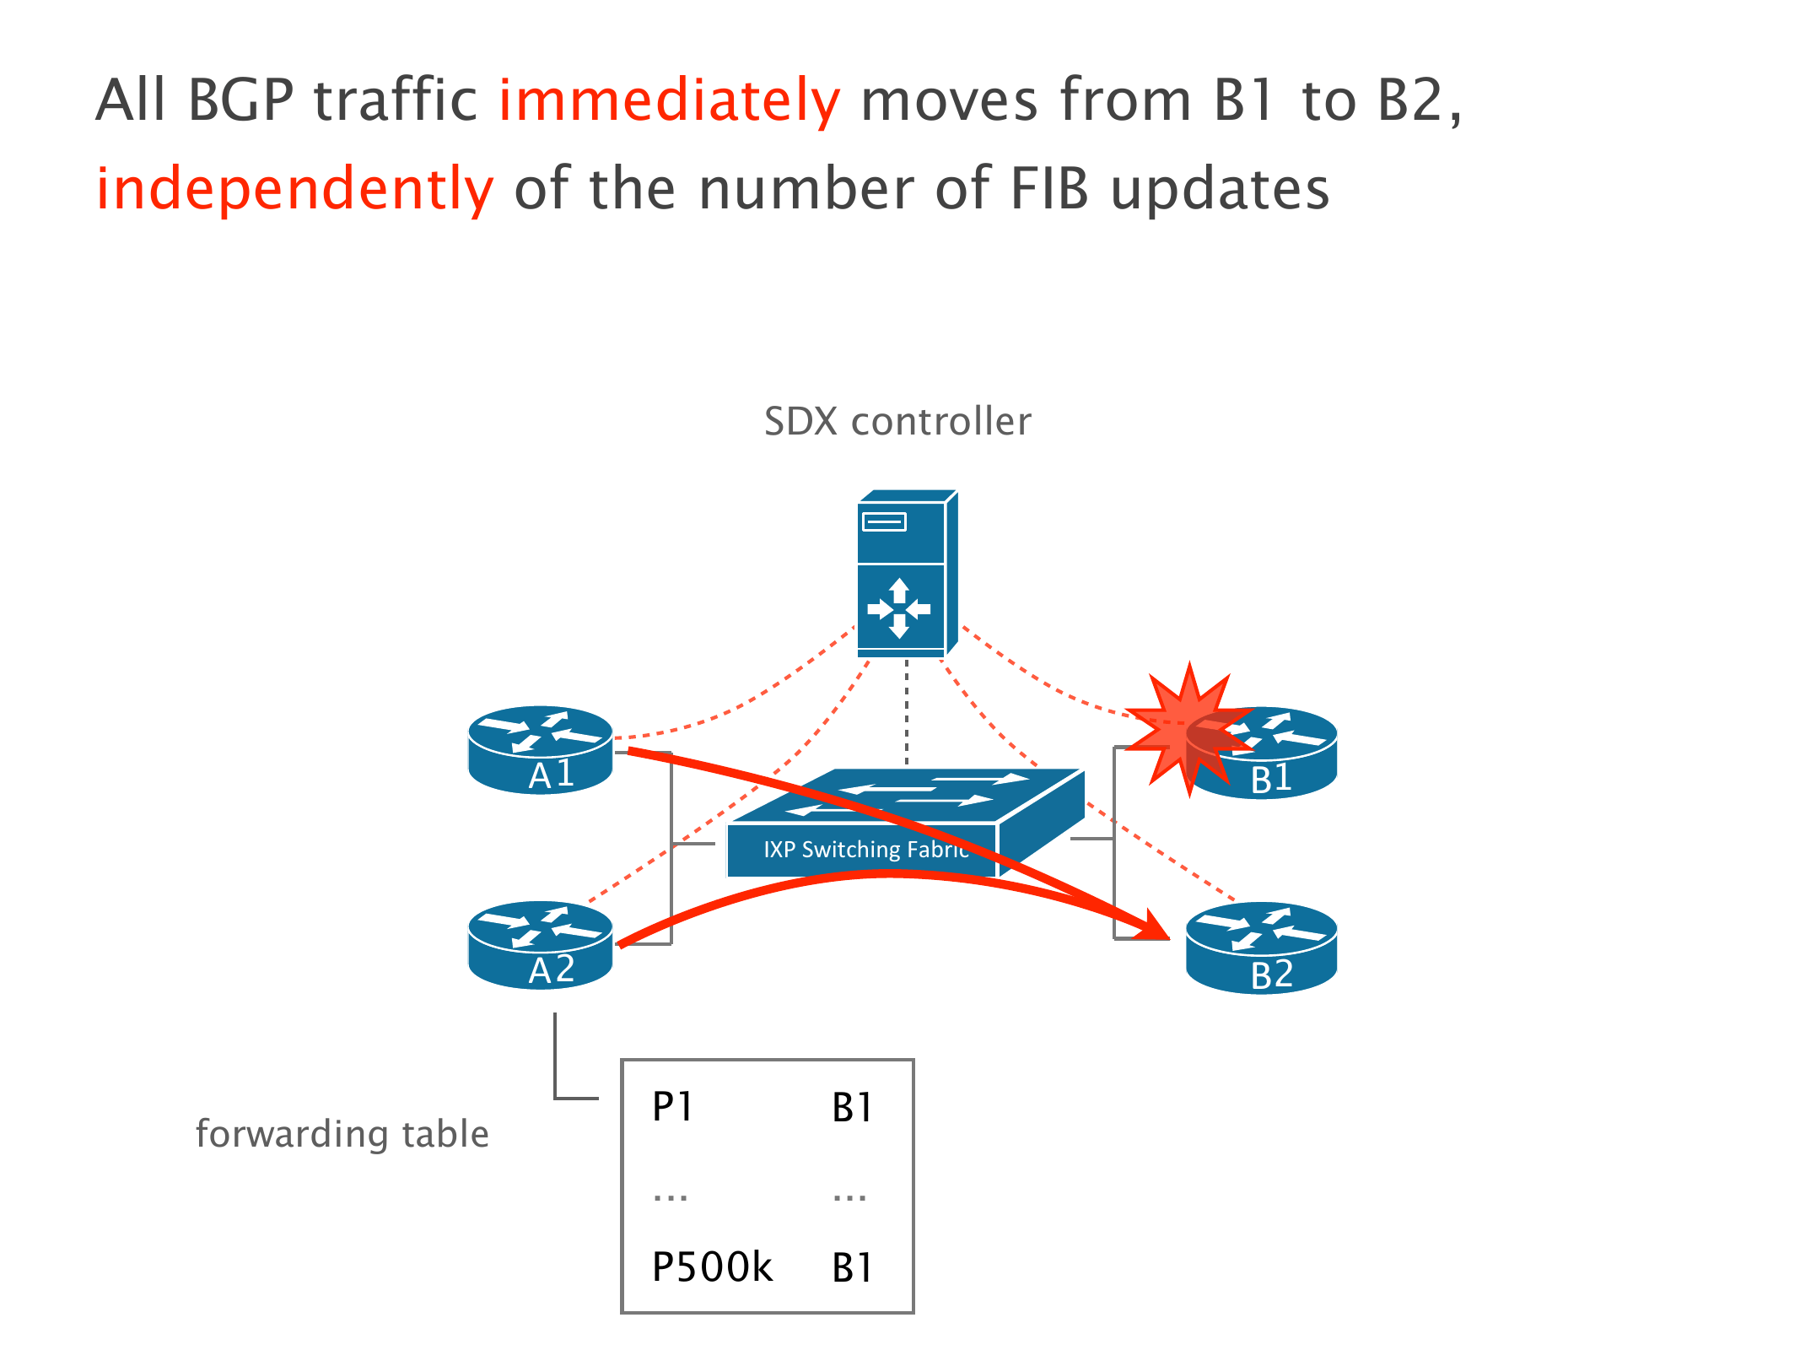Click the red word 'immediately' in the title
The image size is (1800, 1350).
click(669, 100)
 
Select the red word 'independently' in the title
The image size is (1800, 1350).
click(294, 189)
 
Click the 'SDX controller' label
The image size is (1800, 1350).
click(897, 421)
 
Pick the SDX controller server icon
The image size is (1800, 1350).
click(906, 574)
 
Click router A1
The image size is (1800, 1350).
click(540, 750)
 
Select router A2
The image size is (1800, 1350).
click(540, 945)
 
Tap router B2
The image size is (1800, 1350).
click(1261, 948)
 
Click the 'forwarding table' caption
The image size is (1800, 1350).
click(342, 1134)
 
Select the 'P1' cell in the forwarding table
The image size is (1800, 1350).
click(672, 1106)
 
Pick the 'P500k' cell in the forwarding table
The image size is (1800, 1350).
click(712, 1266)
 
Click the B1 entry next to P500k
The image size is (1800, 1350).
click(851, 1267)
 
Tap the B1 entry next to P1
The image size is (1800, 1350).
click(851, 1107)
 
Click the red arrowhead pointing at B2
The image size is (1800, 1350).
click(1153, 926)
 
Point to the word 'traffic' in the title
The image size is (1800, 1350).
click(396, 100)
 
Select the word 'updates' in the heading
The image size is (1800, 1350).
click(1220, 189)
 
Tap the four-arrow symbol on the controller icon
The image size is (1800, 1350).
click(899, 608)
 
